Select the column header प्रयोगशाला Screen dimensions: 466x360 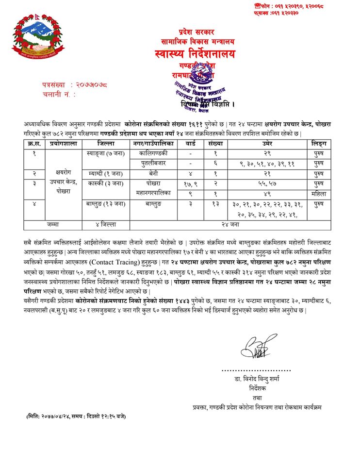tap(62, 144)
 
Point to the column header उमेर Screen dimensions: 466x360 tap(267, 144)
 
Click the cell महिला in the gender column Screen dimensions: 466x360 tap(319, 194)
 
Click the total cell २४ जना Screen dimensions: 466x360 tap(230, 225)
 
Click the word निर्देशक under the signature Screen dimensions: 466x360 tap(256, 388)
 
